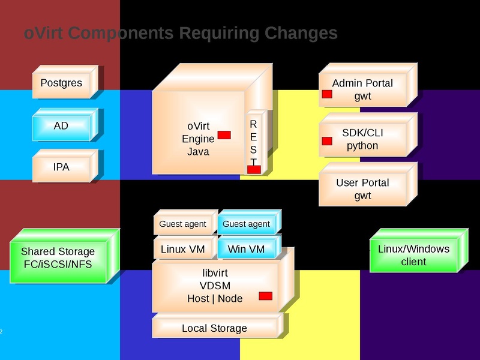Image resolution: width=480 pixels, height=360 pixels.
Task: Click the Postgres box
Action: (61, 83)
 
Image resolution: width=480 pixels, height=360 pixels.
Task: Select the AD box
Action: (61, 126)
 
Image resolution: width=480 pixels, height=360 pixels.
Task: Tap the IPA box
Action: (61, 167)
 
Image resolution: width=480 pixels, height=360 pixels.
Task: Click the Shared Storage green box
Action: (58, 257)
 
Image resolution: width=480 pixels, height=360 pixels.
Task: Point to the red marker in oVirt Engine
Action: (224, 135)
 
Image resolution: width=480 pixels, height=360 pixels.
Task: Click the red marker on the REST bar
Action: (254, 170)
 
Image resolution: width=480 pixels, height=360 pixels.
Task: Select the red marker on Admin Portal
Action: (327, 95)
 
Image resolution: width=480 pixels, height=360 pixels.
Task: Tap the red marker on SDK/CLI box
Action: (327, 141)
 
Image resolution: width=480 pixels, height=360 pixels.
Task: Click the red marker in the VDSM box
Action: (265, 296)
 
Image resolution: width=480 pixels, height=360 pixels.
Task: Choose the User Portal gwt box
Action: (362, 189)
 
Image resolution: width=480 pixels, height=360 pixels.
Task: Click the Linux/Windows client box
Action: (413, 255)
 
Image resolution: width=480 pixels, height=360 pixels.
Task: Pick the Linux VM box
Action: (182, 249)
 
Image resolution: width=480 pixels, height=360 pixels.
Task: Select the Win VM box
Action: (246, 249)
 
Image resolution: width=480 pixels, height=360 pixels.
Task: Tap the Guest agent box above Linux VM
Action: (182, 224)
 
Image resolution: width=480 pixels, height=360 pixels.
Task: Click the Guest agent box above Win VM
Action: (246, 224)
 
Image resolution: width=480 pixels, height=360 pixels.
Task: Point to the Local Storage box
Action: (214, 328)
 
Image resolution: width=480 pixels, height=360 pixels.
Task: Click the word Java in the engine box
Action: (198, 152)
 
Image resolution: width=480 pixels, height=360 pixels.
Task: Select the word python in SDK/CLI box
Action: (362, 146)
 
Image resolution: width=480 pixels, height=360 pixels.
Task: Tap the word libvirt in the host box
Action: (215, 273)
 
